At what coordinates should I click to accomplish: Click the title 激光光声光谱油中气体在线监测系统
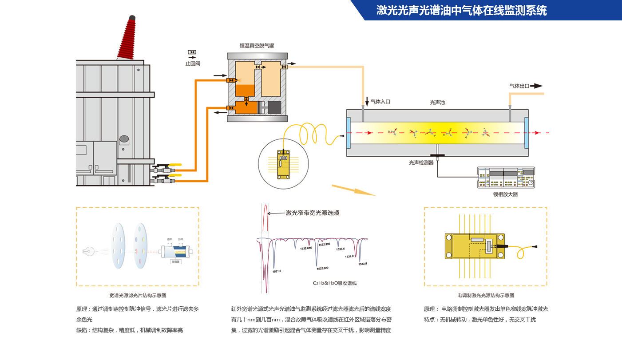(x=461, y=10)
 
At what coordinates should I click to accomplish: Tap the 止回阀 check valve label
(x=192, y=63)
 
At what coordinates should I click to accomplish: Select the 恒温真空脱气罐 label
(x=257, y=45)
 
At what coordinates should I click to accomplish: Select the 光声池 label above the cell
(x=437, y=102)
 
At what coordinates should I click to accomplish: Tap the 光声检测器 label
(x=421, y=163)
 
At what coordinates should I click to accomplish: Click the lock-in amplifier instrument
(x=506, y=178)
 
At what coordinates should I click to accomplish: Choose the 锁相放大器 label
(x=505, y=194)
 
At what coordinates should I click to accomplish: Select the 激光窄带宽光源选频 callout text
(x=312, y=213)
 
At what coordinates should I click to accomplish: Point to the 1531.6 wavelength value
(x=277, y=271)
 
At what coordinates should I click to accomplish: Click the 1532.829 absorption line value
(x=322, y=269)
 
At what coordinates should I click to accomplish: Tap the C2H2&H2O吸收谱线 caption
(x=334, y=283)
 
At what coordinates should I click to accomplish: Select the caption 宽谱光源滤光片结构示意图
(x=138, y=295)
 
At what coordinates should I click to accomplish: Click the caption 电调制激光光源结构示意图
(x=486, y=295)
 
